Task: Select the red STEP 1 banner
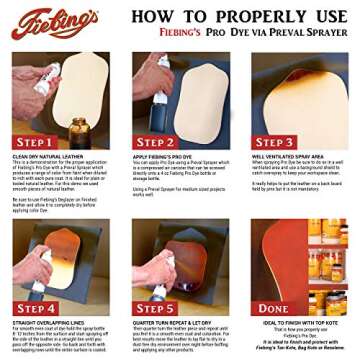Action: [x=38, y=142]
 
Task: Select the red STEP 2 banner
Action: [x=156, y=142]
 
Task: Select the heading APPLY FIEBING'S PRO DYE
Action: [x=163, y=156]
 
